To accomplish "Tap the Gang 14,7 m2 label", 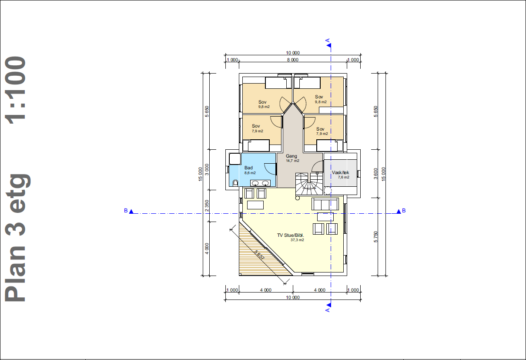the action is (x=292, y=158).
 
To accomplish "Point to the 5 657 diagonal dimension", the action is (x=259, y=255).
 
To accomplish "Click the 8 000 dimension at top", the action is (x=293, y=60).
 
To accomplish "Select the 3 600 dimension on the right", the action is (x=376, y=173).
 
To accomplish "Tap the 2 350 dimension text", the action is (x=207, y=205).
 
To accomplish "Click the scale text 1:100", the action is (x=16, y=90).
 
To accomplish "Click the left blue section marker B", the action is (x=129, y=211).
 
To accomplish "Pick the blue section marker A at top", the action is (x=328, y=43).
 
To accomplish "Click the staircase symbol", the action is (x=309, y=184).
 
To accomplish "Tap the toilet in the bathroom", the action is (x=235, y=182).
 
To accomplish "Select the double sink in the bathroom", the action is (x=260, y=183).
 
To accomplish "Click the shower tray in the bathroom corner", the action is (x=235, y=159).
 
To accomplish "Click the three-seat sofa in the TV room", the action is (x=325, y=204).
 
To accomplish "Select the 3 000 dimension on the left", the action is (x=207, y=169).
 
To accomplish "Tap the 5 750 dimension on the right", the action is (x=376, y=237).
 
